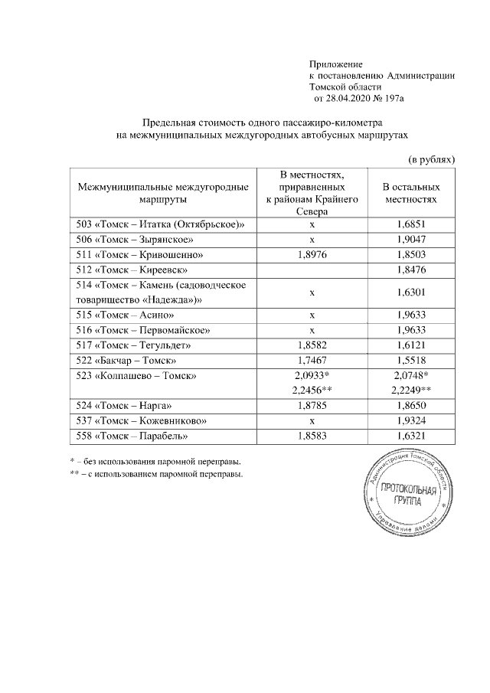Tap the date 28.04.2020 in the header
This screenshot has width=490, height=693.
[x=349, y=99]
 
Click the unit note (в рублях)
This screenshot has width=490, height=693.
[x=430, y=159]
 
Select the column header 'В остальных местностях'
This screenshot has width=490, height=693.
[x=411, y=192]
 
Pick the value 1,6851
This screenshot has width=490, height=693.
[x=411, y=225]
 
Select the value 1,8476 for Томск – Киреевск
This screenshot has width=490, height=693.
[x=411, y=270]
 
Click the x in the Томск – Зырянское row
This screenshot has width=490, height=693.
[x=312, y=240]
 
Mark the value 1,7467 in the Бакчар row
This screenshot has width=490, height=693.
[x=312, y=360]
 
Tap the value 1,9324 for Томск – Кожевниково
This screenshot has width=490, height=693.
[x=411, y=420]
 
